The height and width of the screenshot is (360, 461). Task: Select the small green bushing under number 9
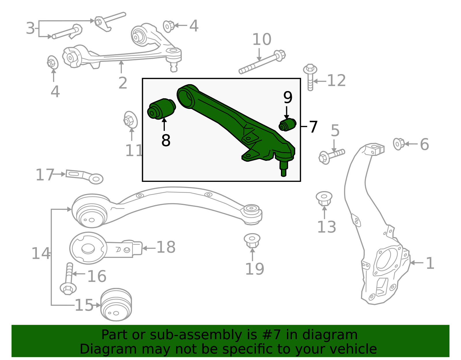click(x=288, y=125)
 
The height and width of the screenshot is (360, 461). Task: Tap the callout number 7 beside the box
click(x=313, y=127)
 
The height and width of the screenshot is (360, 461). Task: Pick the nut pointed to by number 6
click(x=399, y=144)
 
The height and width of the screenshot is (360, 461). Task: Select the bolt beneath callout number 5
click(x=331, y=155)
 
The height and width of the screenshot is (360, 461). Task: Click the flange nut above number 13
click(x=324, y=198)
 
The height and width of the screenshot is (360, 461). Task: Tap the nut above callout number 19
click(x=252, y=240)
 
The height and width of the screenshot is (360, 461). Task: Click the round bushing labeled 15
click(x=116, y=305)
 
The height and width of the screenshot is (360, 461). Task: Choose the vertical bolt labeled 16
click(x=69, y=278)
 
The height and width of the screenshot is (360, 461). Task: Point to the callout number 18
click(x=166, y=247)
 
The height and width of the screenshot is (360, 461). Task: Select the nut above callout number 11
click(x=130, y=120)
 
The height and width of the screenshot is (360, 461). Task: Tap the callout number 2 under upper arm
click(x=123, y=83)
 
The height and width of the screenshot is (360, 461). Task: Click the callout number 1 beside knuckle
click(x=430, y=263)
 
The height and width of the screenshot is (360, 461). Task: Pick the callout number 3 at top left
click(x=30, y=28)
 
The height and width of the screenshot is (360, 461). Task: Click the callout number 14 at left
click(x=40, y=254)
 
